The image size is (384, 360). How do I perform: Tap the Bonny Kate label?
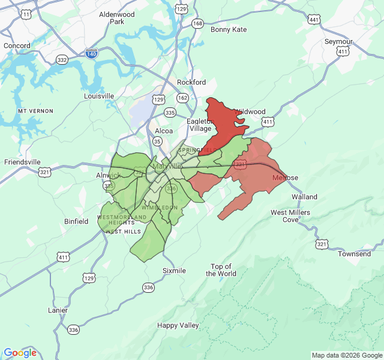pos(229,29)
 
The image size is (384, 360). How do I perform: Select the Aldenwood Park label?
pos(116,18)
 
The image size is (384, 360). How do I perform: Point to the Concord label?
pos(17,46)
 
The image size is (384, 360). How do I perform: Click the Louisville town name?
pos(99,96)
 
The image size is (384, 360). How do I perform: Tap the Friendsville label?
pos(23,162)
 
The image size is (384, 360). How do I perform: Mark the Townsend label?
pos(355,254)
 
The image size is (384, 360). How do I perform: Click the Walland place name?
pos(304,197)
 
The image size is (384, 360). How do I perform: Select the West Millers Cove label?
pos(290,216)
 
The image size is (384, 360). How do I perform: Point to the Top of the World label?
pos(221,270)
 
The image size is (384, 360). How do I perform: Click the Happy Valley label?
pos(178,325)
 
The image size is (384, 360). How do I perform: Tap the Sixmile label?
pos(174,271)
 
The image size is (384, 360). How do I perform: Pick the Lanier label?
pos(58,310)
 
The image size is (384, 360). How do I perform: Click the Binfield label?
pos(76,221)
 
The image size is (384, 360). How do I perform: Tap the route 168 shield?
pos(197,23)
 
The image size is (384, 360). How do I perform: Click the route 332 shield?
pos(62,60)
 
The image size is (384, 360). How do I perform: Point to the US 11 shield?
pos(25,14)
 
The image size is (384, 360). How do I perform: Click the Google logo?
pos(20,353)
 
